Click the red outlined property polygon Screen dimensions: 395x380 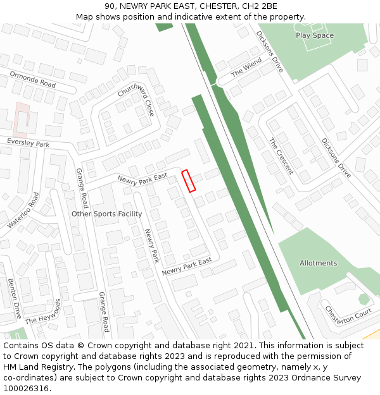pyautogui.click(x=189, y=180)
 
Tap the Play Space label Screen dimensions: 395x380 pyautogui.click(x=314, y=35)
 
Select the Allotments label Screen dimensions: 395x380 pyautogui.click(x=318, y=263)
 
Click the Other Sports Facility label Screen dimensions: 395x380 pyautogui.click(x=106, y=214)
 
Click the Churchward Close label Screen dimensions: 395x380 pyautogui.click(x=136, y=99)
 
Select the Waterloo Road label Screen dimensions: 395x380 pyautogui.click(x=23, y=210)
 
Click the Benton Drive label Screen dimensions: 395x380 pyautogui.click(x=14, y=298)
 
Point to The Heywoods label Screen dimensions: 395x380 pyautogui.click(x=45, y=311)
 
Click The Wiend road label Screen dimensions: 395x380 pyautogui.click(x=246, y=68)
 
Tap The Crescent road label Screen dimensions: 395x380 pyautogui.click(x=281, y=156)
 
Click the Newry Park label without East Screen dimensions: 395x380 pyautogui.click(x=152, y=246)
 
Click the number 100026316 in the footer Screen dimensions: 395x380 pyautogui.click(x=26, y=388)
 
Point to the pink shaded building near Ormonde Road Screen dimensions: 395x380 pyautogui.click(x=22, y=119)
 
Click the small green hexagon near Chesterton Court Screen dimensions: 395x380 pyautogui.click(x=363, y=298)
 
